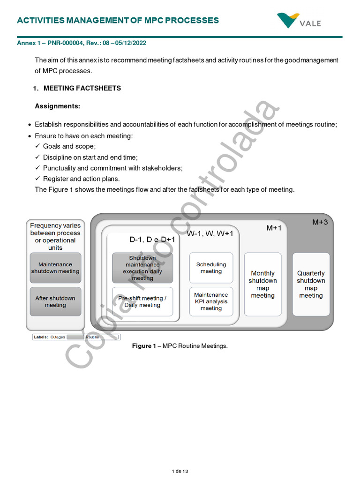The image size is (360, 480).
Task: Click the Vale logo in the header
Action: pos(299,21)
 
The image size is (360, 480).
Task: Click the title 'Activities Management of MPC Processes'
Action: pos(118,20)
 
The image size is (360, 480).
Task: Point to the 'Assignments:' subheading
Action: pos(58,106)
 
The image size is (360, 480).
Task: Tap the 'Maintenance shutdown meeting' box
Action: pos(55,268)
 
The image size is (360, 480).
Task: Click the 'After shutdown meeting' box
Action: pos(55,301)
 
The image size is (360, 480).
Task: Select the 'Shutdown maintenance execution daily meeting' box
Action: pos(142,268)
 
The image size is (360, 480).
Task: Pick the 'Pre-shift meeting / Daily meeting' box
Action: pos(142,301)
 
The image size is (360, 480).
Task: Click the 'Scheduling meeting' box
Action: pos(211,268)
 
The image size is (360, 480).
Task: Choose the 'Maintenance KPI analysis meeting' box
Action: pos(211,301)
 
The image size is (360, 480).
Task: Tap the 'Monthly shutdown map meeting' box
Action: pos(262,284)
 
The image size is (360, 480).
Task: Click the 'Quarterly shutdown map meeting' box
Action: pos(311,284)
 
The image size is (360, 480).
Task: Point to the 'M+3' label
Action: pos(320,222)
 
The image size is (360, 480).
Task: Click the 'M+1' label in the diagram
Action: pos(274,228)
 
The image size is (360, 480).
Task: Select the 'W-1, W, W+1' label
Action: pos(210,233)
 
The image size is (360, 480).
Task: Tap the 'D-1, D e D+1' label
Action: pos(152,240)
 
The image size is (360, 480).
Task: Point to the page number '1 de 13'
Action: pos(180,471)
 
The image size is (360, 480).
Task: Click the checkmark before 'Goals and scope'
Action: pos(37,146)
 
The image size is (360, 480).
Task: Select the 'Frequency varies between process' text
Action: pos(55,229)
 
